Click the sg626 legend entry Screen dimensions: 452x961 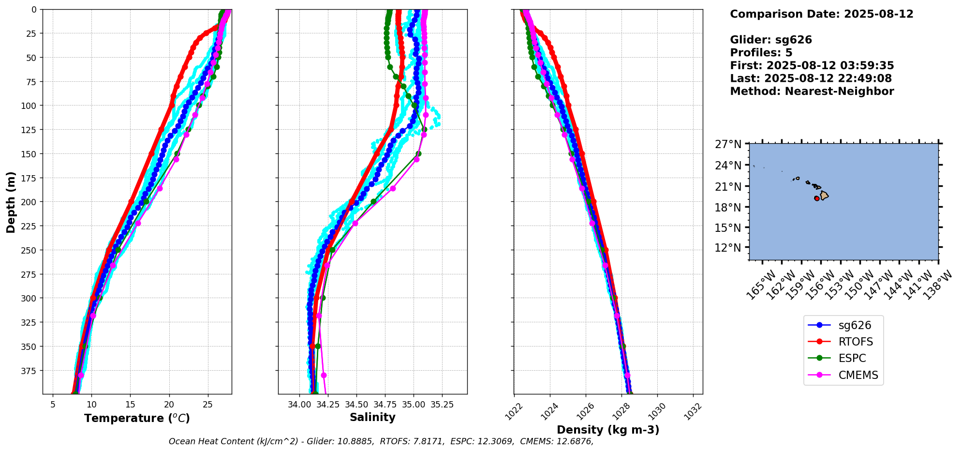click(855, 325)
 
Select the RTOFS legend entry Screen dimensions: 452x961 click(856, 342)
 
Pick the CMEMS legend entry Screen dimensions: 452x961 click(858, 375)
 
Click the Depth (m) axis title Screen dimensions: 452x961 click(11, 202)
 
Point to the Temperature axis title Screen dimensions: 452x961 click(137, 418)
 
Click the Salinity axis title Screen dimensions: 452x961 click(372, 417)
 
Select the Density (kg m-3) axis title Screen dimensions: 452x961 click(608, 430)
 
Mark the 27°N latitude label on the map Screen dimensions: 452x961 click(728, 144)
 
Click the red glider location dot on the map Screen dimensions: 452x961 click(817, 198)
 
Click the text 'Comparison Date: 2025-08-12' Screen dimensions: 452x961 click(821, 14)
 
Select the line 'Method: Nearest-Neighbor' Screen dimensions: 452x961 click(812, 91)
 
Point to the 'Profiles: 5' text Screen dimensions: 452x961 click(761, 52)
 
